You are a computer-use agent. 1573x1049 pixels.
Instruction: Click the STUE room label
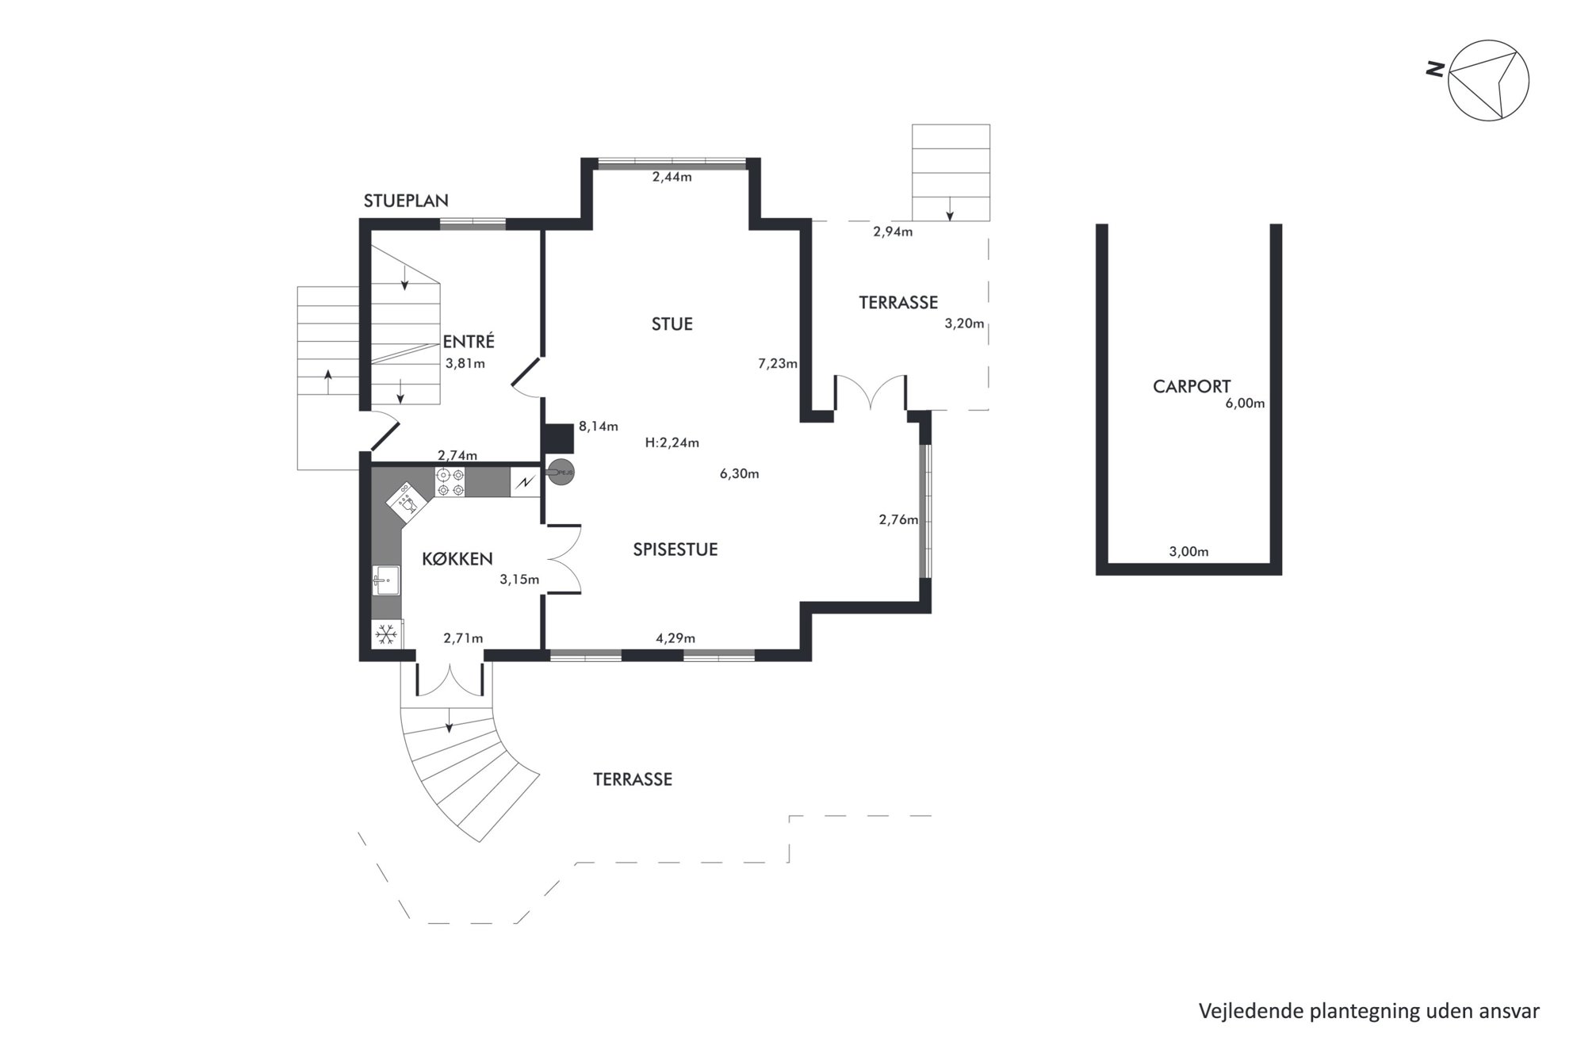click(672, 324)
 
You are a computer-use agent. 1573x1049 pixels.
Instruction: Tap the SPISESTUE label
click(676, 549)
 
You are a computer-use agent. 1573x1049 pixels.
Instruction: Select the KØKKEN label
click(457, 559)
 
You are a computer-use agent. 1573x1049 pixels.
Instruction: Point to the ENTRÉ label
click(469, 342)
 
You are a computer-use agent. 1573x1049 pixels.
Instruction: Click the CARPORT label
click(1192, 386)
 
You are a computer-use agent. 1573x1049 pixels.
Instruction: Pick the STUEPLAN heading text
click(406, 201)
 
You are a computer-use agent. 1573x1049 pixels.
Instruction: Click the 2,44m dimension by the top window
click(672, 177)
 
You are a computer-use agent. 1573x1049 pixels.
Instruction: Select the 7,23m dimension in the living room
click(778, 364)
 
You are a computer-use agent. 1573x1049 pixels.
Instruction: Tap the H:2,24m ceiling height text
click(672, 443)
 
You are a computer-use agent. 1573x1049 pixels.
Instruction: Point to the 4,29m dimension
click(676, 637)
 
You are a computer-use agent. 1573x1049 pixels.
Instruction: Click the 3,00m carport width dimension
click(1189, 552)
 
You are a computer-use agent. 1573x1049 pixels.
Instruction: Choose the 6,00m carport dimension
click(1245, 403)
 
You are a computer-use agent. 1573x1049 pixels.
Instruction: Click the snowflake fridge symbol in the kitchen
click(386, 634)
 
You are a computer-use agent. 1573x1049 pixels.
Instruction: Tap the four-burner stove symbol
click(450, 483)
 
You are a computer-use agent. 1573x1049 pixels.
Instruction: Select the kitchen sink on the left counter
click(386, 580)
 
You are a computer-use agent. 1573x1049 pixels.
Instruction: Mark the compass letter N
click(1434, 70)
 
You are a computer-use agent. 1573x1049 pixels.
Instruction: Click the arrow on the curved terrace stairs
click(450, 719)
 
